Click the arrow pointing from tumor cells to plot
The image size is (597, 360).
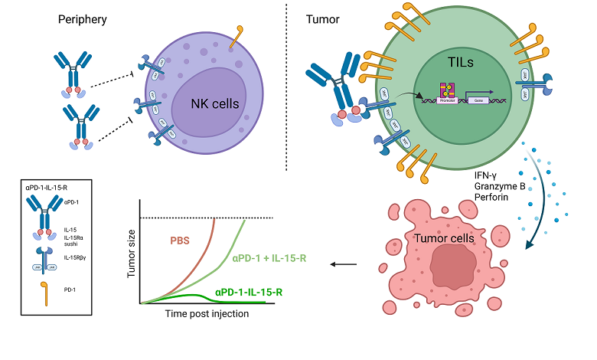(x=345, y=265)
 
